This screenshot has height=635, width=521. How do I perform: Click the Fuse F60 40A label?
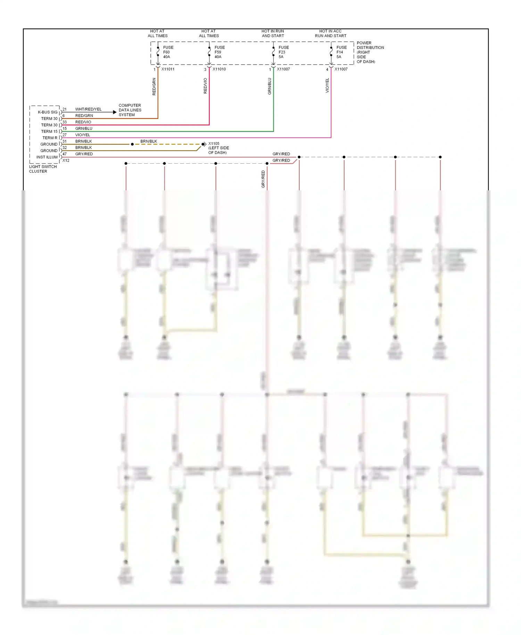coord(168,52)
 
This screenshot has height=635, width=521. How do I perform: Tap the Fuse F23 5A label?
coord(283,52)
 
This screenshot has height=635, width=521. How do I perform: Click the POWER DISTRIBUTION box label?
coord(370,52)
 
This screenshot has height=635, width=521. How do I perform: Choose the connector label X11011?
coord(168,69)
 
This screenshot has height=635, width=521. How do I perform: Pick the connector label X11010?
coord(219,69)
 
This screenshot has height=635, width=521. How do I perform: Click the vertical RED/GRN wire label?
coord(154,86)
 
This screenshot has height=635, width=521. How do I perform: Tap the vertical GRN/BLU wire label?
coord(270,86)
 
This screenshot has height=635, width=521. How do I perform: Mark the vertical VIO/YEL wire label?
coord(327,85)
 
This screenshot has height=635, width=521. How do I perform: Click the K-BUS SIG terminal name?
coord(48,112)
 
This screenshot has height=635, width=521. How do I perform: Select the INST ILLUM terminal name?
coord(47,157)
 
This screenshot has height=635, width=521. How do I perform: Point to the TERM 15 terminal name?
coord(49,131)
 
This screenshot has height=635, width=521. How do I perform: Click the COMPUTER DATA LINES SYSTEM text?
coord(130,110)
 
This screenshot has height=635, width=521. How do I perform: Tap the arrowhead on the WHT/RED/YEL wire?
coord(115,112)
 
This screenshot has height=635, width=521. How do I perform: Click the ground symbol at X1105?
coord(204,144)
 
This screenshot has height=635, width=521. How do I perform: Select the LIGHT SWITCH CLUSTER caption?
coord(43,169)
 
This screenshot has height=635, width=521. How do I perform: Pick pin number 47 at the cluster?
coord(65,154)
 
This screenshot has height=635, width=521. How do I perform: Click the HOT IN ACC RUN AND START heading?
coord(330,33)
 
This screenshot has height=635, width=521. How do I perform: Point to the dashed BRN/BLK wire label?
coord(149,141)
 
